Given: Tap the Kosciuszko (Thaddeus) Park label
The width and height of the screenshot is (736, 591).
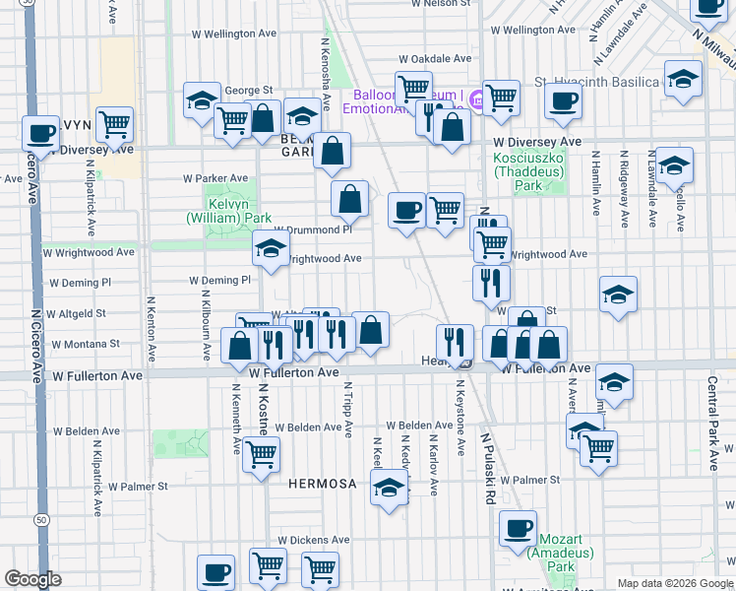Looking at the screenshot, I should pos(527,171).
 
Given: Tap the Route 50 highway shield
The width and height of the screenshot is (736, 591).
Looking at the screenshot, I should pos(40,519).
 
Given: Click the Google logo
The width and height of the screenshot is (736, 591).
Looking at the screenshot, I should pos(32,579).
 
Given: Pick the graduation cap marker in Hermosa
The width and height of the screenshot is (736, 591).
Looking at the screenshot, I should pos(390,487).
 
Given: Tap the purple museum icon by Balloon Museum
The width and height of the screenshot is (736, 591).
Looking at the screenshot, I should pos(476,98).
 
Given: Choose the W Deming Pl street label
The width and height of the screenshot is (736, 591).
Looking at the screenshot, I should pos(220,281).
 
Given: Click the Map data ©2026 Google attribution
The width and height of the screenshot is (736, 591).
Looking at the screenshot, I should pos(675,583).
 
